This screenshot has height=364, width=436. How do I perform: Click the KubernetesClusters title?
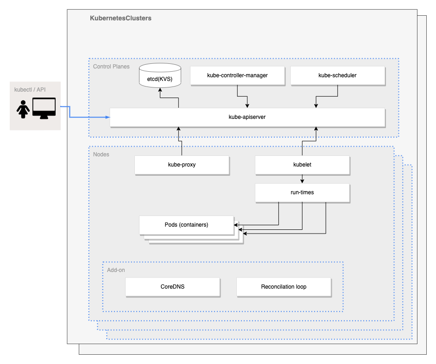tap(120, 18)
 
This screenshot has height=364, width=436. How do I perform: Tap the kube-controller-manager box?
tap(237, 75)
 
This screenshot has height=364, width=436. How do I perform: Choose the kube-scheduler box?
tap(337, 75)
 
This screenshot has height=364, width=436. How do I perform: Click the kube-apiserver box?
tap(247, 117)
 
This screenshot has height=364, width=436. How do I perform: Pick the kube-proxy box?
tap(182, 165)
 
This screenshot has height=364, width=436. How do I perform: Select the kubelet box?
tap(302, 165)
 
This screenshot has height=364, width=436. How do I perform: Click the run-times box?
tap(302, 192)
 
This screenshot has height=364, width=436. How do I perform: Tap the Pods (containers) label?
tap(186, 225)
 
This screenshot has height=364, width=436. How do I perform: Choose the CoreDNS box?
tap(172, 287)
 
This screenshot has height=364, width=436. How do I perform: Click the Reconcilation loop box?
tap(284, 287)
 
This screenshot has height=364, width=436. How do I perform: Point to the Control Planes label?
tap(111, 67)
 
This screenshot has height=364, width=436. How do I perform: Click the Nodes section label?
tap(101, 154)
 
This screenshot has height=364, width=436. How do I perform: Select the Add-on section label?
tap(116, 270)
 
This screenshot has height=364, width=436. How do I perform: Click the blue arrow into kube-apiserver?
tap(88, 117)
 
